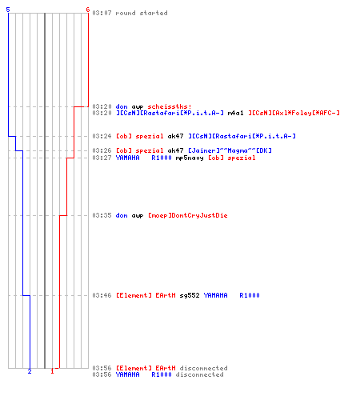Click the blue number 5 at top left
[8, 10]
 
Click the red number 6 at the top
[88, 10]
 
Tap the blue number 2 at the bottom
[30, 371]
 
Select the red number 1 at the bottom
[52, 371]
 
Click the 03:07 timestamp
[102, 13]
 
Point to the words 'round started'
[142, 13]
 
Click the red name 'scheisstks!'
[170, 106]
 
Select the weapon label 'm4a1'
[235, 113]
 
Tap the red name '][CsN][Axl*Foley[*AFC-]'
[294, 113]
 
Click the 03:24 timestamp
[102, 136]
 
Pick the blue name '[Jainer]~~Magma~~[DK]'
[230, 150]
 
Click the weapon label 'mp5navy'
[190, 158]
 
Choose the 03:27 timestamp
[102, 158]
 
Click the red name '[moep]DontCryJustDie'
[188, 215]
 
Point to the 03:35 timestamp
[102, 215]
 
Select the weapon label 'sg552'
[190, 295]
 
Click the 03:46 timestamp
[102, 295]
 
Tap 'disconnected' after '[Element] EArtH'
[204, 368]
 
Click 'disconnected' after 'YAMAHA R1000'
[200, 374]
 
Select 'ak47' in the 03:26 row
[175, 150]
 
